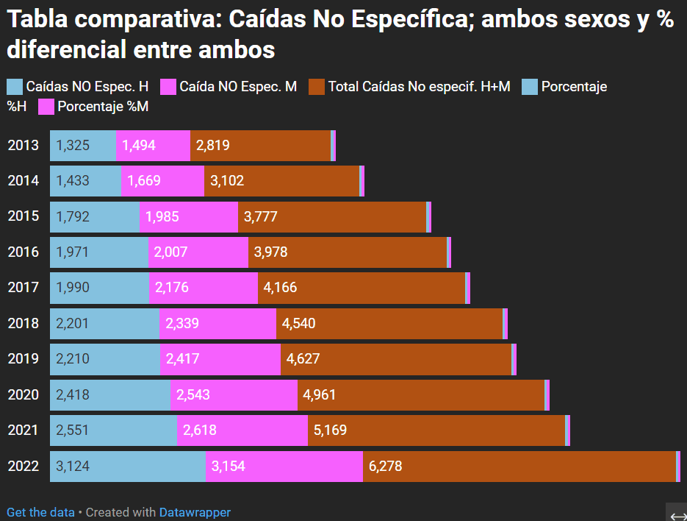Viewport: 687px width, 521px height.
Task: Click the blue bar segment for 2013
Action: click(82, 146)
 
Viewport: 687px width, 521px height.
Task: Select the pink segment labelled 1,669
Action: click(162, 181)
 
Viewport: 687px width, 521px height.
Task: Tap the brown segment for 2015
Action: click(331, 216)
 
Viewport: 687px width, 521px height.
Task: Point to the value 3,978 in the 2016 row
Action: click(270, 252)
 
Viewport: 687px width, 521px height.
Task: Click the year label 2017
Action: click(23, 288)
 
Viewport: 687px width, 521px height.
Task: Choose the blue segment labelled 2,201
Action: click(104, 324)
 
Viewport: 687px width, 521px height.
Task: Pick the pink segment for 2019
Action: click(220, 359)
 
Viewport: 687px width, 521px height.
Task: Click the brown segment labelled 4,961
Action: click(420, 395)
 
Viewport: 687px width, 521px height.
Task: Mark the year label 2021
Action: click(23, 430)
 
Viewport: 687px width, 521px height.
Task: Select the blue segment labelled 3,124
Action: click(127, 467)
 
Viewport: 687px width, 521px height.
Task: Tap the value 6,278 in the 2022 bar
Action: click(385, 467)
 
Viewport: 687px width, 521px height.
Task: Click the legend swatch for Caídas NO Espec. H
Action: click(15, 87)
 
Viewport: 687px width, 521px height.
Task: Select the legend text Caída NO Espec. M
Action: click(238, 87)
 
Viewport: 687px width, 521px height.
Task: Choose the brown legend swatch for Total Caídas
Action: click(317, 87)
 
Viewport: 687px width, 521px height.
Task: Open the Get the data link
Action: click(40, 512)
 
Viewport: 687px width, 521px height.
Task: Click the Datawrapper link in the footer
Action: click(195, 512)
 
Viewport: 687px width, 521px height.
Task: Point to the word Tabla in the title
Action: click(38, 20)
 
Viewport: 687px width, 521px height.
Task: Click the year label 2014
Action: click(23, 181)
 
